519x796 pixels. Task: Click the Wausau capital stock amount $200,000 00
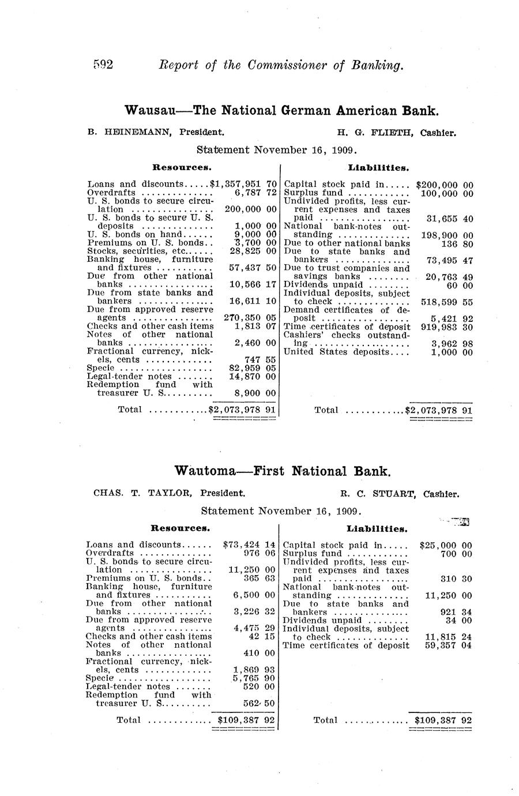(444, 185)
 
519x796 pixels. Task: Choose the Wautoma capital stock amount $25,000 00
(446, 545)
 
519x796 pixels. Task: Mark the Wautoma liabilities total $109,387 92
(443, 720)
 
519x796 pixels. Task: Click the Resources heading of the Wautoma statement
(180, 527)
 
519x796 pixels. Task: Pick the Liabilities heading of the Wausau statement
(378, 168)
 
